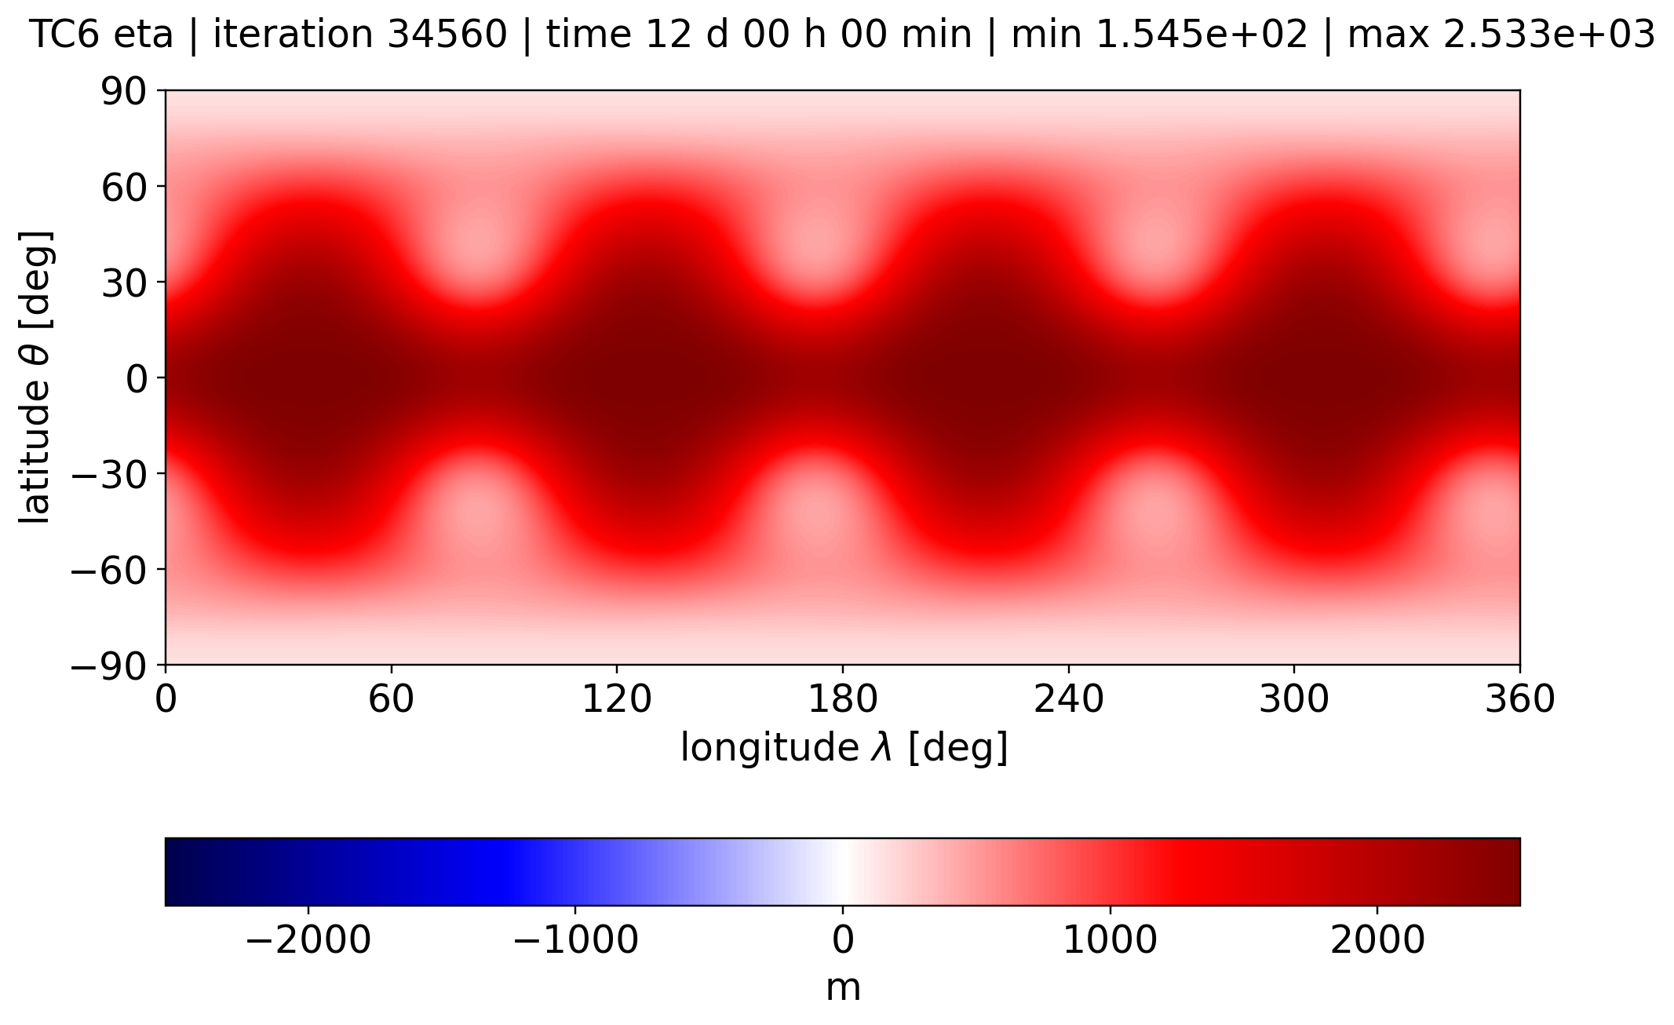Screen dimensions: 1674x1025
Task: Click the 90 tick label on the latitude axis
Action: click(x=123, y=92)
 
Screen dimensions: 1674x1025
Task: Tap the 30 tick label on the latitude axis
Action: click(x=123, y=283)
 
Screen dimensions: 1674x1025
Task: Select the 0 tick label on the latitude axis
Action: click(x=135, y=379)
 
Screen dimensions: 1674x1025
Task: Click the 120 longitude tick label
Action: click(x=617, y=699)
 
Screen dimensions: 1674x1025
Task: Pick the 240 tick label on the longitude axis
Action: click(x=1069, y=699)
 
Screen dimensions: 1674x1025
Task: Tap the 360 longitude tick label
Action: click(x=1520, y=699)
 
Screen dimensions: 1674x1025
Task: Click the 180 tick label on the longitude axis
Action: click(x=843, y=699)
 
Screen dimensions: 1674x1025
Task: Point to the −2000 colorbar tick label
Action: click(x=308, y=939)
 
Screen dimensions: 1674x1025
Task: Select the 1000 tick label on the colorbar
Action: click(x=1111, y=939)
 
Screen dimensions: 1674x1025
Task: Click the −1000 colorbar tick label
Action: click(x=575, y=939)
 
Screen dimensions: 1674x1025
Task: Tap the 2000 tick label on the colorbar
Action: click(x=1378, y=939)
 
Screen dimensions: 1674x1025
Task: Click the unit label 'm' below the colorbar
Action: click(x=844, y=988)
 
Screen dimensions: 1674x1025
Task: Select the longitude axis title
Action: click(x=844, y=748)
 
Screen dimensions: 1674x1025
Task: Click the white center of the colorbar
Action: click(x=843, y=872)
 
